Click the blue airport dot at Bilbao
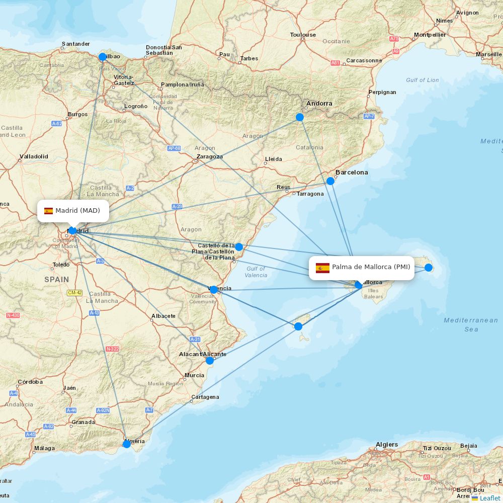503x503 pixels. click(103, 57)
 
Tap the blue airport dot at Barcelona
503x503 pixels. click(330, 181)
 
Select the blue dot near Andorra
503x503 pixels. click(300, 117)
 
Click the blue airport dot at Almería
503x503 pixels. click(127, 444)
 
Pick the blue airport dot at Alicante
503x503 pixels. click(210, 360)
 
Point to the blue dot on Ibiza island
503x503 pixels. click(298, 326)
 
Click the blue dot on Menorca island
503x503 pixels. click(429, 268)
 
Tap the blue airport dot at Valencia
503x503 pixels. click(214, 290)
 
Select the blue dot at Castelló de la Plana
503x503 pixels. click(239, 247)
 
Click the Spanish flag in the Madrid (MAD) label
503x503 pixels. click(48, 211)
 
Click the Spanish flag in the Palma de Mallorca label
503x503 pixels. click(322, 268)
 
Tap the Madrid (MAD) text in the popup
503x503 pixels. click(77, 210)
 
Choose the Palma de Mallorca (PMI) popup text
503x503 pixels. click(371, 267)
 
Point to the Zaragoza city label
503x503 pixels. click(210, 156)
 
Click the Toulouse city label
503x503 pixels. click(303, 35)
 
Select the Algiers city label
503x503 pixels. click(387, 445)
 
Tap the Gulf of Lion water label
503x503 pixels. click(422, 80)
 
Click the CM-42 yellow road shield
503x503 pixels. click(74, 293)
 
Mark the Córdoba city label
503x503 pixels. click(30, 382)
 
